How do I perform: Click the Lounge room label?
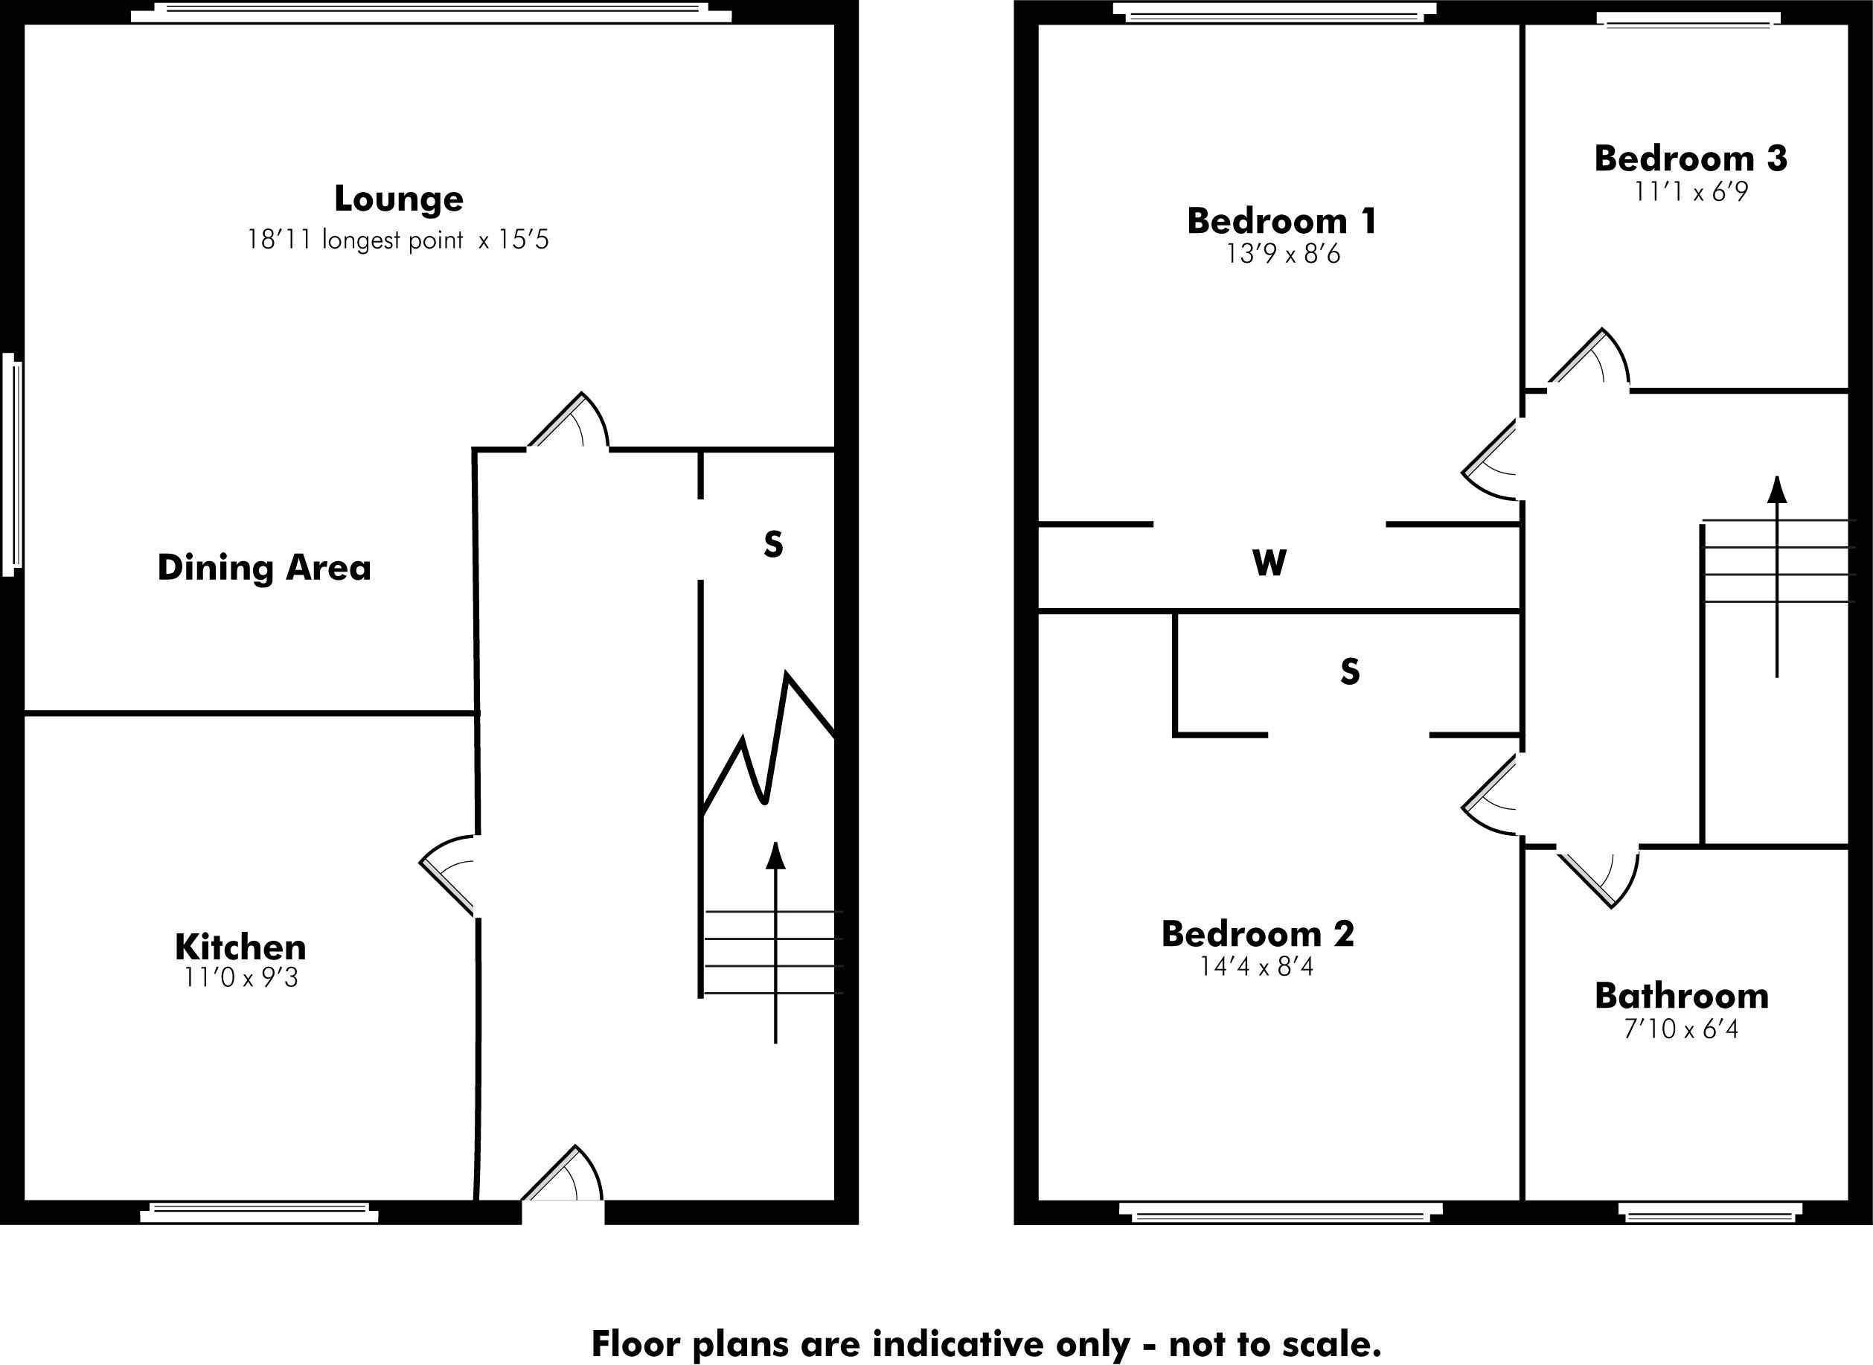pyautogui.click(x=398, y=199)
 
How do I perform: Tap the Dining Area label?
pyautogui.click(x=263, y=568)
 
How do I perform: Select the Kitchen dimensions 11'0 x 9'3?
pyautogui.click(x=240, y=978)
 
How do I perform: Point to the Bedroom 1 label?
pyautogui.click(x=1281, y=222)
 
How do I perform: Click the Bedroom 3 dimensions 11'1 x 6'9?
pyautogui.click(x=1691, y=193)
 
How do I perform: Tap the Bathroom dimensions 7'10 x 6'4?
pyautogui.click(x=1681, y=1030)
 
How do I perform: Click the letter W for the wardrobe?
pyautogui.click(x=1269, y=563)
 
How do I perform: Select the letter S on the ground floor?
pyautogui.click(x=772, y=545)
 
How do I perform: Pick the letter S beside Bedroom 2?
pyautogui.click(x=1349, y=672)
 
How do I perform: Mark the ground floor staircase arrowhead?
pyautogui.click(x=775, y=856)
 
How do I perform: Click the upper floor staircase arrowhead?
pyautogui.click(x=1776, y=490)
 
